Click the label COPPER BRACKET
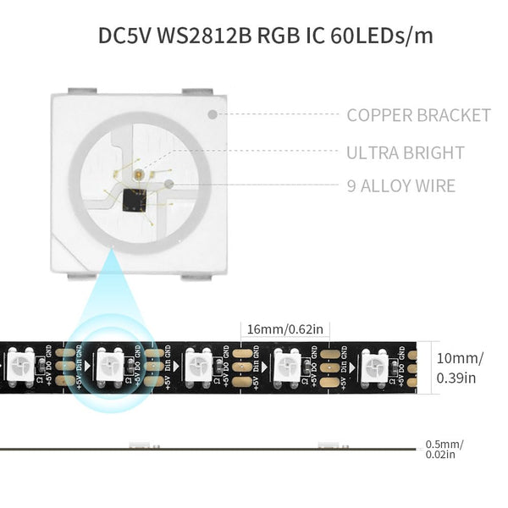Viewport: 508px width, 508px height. point(418,115)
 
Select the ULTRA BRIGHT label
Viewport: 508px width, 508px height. point(405,153)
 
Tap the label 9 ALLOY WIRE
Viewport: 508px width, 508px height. point(400,185)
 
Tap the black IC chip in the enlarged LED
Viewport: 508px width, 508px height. point(134,200)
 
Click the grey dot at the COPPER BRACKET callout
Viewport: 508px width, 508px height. point(212,113)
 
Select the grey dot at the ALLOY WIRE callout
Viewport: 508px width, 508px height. point(169,183)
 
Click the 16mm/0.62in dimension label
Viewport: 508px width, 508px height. point(284,329)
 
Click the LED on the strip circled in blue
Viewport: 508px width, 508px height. point(109,367)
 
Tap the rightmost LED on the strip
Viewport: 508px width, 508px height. point(373,367)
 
